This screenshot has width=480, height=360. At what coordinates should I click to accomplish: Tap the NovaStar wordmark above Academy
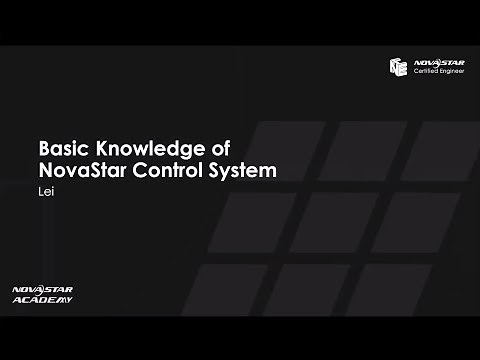tap(38, 289)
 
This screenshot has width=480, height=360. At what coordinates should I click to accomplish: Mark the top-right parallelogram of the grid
tap(435, 150)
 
